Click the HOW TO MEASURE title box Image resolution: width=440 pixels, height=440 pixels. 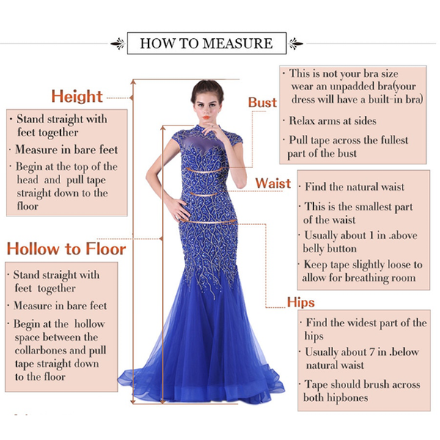pos(207,43)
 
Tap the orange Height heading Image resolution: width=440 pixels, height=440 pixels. pos(77,97)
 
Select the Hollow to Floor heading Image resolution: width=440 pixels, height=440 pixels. pos(67,249)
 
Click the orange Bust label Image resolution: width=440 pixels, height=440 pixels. pos(263,103)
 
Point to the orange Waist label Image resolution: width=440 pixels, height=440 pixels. pos(273,183)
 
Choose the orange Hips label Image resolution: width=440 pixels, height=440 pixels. pos(301,302)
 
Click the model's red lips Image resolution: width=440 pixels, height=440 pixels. pos(207,117)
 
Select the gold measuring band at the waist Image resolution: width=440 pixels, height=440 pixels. pos(204,194)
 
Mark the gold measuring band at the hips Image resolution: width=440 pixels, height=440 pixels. pos(208,221)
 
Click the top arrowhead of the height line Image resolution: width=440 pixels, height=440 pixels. pos(133,81)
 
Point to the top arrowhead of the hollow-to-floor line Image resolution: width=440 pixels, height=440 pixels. pos(163,128)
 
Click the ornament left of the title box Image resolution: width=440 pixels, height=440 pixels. pos(118,44)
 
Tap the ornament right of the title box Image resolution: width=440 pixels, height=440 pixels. pos(296,44)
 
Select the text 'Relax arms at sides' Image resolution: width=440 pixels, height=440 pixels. pos(332,121)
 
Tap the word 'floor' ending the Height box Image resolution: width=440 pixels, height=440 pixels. pos(28,206)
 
